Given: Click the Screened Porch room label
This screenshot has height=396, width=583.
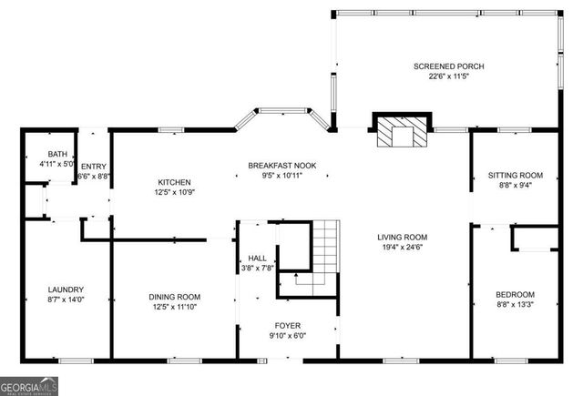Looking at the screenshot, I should [x=448, y=66].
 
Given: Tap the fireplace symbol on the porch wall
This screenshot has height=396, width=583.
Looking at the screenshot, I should [x=402, y=133].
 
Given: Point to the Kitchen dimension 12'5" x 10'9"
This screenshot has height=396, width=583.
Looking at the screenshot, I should [x=174, y=192].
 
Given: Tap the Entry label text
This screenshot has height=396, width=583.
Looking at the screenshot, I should [x=93, y=165].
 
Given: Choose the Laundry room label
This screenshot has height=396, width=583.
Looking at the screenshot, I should [x=66, y=289].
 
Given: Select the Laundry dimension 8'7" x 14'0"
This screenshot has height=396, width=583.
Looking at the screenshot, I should [x=66, y=299].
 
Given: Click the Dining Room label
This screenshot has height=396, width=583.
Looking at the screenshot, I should [x=175, y=297].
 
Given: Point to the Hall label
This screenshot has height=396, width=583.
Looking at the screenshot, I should [x=245, y=258].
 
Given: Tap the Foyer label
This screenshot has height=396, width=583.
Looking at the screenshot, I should [x=288, y=325].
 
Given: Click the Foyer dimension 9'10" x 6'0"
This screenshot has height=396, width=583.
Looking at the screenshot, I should [x=288, y=335].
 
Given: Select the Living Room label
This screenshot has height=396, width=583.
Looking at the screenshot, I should [x=403, y=237].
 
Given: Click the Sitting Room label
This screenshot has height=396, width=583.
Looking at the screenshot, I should [x=516, y=174].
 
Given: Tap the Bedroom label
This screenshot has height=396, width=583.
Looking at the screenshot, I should [x=515, y=294].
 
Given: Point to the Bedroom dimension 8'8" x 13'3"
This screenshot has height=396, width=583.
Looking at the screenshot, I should [x=515, y=304].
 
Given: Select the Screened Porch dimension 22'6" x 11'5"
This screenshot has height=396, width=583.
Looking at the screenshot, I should [x=448, y=76].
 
